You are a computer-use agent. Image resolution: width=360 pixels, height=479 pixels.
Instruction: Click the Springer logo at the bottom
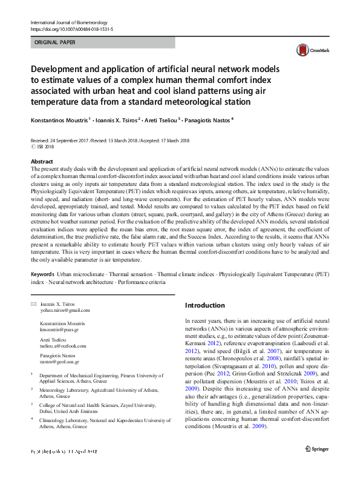pos(317,449)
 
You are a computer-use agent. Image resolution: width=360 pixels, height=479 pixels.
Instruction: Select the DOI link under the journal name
pos(71,29)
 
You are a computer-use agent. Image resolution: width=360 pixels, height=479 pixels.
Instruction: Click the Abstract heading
pos(42,162)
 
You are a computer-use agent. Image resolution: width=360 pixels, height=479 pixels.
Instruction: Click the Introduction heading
pos(205,305)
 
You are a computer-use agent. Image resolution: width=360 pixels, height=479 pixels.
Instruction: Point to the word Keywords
pos(42,274)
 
